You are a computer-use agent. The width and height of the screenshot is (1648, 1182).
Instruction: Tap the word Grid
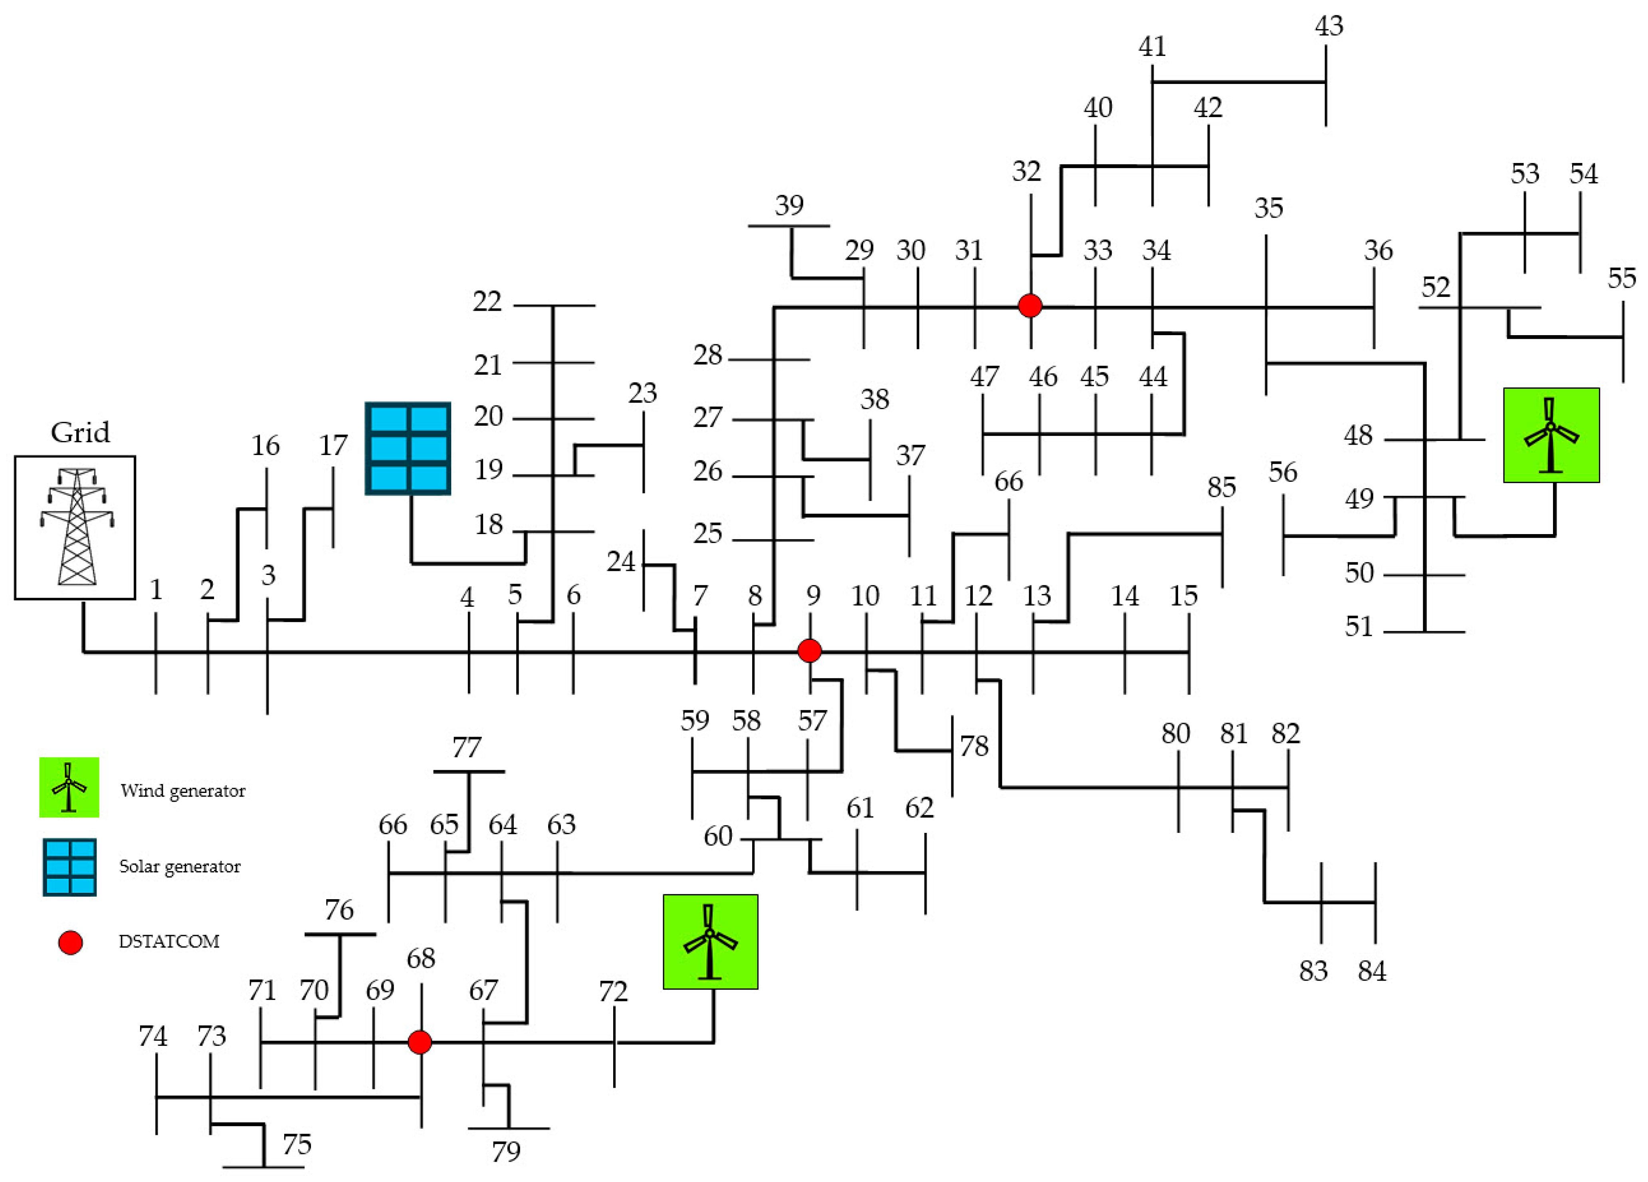pyautogui.click(x=80, y=433)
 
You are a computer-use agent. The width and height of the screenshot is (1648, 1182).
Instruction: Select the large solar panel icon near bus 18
pyautogui.click(x=408, y=449)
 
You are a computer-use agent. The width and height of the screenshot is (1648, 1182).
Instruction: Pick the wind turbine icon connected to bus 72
pyautogui.click(x=710, y=942)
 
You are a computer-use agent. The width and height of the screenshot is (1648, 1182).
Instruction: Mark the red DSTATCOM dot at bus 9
pyautogui.click(x=810, y=651)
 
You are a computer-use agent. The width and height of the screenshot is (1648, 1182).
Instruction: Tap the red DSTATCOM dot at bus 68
pyautogui.click(x=420, y=1042)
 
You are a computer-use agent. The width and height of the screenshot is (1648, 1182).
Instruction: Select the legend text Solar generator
pyautogui.click(x=180, y=866)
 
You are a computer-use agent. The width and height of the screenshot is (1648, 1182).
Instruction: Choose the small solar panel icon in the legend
pyautogui.click(x=70, y=867)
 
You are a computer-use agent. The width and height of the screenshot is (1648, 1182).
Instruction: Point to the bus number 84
pyautogui.click(x=1371, y=971)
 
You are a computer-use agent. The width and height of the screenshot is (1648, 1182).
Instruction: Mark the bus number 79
pyautogui.click(x=506, y=1152)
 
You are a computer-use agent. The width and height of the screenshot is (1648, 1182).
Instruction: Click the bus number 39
pyautogui.click(x=789, y=206)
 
